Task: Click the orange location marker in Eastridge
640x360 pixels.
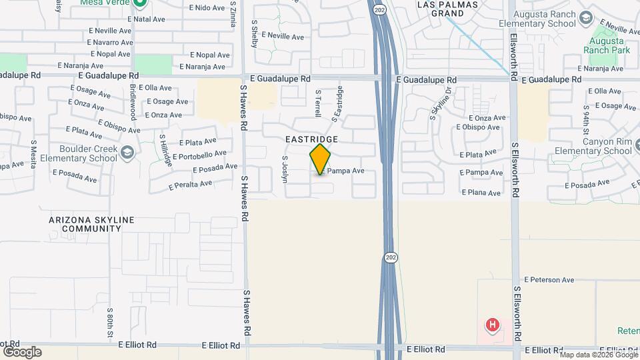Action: (x=321, y=159)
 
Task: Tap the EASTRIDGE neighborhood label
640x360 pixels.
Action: (x=312, y=139)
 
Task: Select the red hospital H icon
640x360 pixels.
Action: (x=493, y=325)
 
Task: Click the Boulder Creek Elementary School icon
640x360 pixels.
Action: (x=126, y=154)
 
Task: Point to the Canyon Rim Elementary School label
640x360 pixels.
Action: (x=591, y=146)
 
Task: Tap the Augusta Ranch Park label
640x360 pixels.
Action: (x=606, y=44)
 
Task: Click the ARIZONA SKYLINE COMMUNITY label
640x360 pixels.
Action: (x=91, y=224)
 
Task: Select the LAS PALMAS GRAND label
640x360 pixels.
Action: (x=439, y=8)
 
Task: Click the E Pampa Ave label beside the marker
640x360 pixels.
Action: (x=343, y=171)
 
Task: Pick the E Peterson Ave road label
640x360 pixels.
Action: (x=549, y=280)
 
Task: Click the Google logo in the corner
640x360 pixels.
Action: (x=22, y=351)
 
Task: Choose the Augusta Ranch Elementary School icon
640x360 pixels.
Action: (x=587, y=17)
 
